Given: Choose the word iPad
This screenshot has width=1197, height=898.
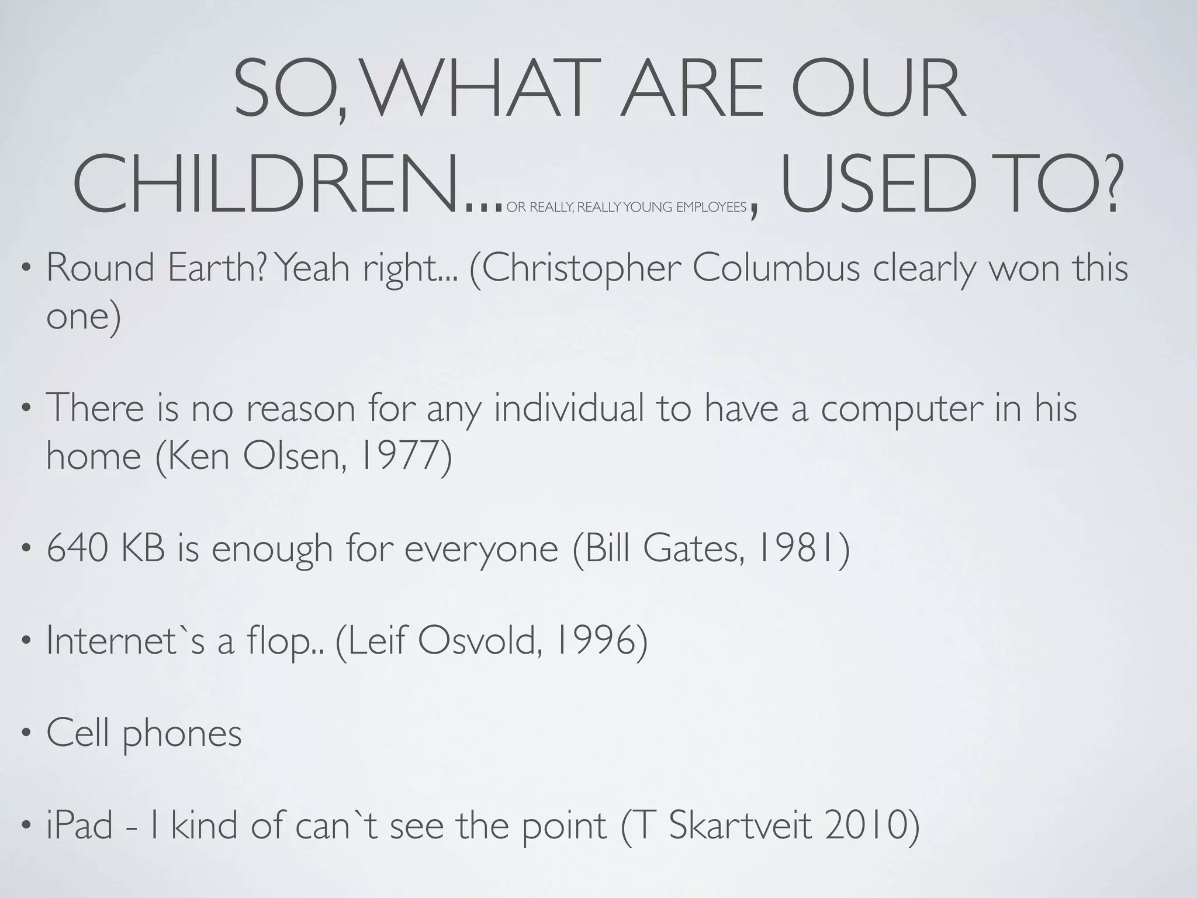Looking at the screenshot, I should [x=79, y=826].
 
